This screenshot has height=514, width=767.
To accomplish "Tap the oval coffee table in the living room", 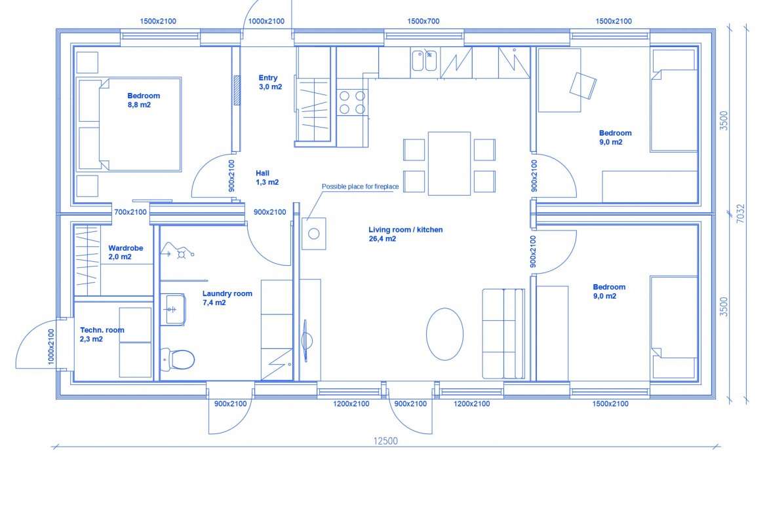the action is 444,334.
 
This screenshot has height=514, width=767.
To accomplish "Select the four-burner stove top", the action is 352,102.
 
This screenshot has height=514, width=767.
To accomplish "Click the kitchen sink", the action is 423,61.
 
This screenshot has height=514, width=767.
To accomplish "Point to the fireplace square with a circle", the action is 314,234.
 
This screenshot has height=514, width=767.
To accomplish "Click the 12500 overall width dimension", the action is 385,441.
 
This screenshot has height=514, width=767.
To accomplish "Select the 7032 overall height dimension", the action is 741,213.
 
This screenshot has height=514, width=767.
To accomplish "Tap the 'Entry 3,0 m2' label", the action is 269,82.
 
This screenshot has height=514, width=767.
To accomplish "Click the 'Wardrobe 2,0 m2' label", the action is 125,252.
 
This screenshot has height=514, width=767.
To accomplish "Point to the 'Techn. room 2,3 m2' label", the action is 102,334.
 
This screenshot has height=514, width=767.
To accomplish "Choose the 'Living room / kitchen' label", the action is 406,230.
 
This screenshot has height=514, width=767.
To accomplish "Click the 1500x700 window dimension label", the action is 423,21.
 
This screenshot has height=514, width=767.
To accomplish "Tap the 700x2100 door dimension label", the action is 130,212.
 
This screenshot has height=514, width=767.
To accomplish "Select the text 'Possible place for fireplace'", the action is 360,186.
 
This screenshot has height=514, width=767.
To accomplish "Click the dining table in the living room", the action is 449,164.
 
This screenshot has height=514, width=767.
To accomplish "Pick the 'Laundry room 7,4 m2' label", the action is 227,297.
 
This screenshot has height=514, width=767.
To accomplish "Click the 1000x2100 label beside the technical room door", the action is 51,347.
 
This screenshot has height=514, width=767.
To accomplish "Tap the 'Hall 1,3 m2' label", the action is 267,177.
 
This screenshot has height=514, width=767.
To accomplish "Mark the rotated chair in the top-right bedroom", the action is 583,86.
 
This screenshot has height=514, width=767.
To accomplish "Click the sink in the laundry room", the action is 172,309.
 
